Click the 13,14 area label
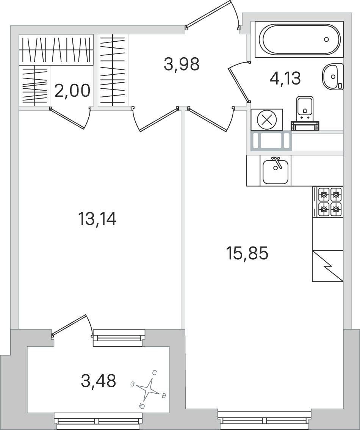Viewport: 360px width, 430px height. point(97,219)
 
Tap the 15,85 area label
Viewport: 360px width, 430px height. point(247,253)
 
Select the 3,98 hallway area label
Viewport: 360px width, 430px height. point(182,64)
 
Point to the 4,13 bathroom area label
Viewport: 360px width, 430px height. point(285,78)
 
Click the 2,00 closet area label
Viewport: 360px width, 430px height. point(72,91)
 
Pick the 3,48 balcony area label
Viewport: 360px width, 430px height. point(99,381)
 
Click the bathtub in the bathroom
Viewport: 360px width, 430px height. point(299,39)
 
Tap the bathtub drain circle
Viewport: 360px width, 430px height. point(326,39)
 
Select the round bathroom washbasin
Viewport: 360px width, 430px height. point(333,76)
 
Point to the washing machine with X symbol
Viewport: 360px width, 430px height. point(267,119)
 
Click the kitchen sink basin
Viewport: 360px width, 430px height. point(275,172)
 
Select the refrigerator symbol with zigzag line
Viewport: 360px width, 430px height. point(328,266)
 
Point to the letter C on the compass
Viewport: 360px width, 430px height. point(154,373)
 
